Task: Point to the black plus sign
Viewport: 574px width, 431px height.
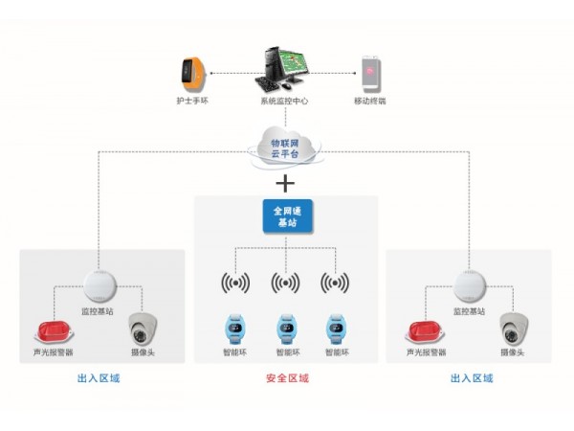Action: tap(284, 182)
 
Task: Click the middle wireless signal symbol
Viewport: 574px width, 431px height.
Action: tap(284, 283)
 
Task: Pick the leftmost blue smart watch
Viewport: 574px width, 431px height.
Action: tap(233, 329)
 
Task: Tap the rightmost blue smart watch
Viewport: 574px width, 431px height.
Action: tap(335, 329)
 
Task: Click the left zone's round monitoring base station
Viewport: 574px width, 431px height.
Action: tap(99, 285)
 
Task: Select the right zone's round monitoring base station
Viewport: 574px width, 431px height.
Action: tap(470, 285)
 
